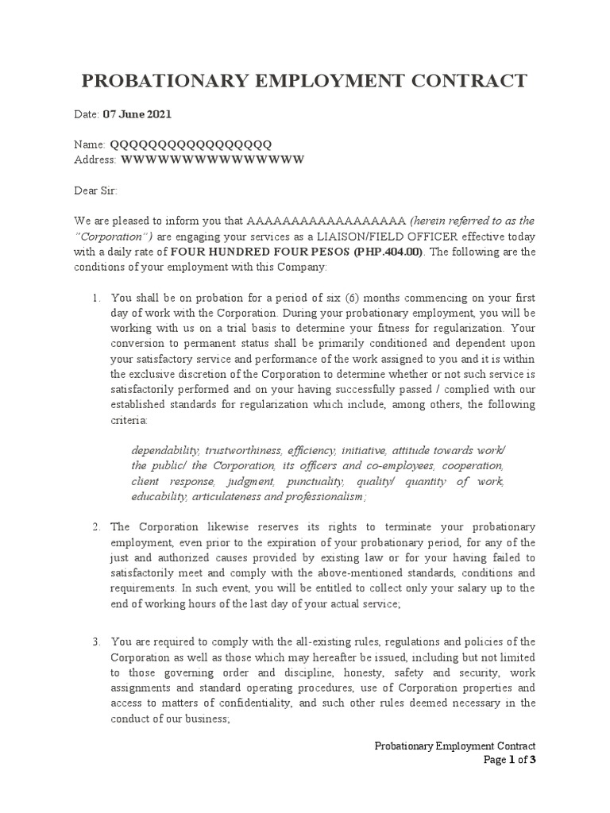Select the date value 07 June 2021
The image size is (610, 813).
click(x=137, y=114)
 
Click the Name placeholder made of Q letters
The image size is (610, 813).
click(x=190, y=144)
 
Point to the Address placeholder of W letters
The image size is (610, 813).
click(x=212, y=160)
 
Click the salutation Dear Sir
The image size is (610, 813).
click(x=95, y=191)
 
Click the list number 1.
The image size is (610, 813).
click(x=95, y=298)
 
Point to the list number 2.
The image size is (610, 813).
click(x=95, y=527)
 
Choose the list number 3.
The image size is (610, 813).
click(x=95, y=642)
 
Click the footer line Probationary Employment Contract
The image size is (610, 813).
click(x=455, y=746)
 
